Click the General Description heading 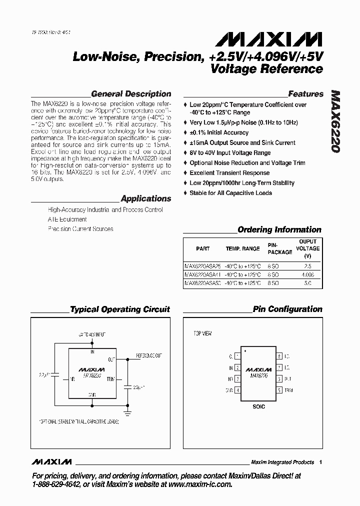131,94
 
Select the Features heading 305,94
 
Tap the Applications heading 145,198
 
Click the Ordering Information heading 279,230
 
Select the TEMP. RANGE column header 243,248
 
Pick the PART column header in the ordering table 203,248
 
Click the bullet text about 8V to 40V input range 230,153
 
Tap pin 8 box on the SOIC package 279,356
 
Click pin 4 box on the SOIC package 237,390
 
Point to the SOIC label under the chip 258,406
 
